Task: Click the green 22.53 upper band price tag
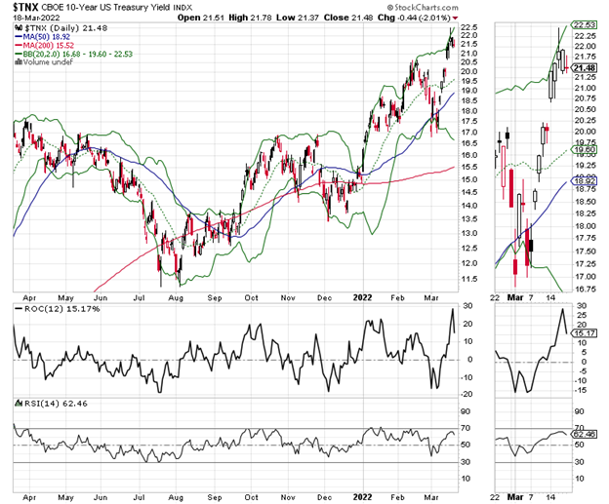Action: pyautogui.click(x=584, y=25)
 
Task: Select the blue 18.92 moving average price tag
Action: pyautogui.click(x=584, y=180)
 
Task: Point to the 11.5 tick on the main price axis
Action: pyautogui.click(x=469, y=280)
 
